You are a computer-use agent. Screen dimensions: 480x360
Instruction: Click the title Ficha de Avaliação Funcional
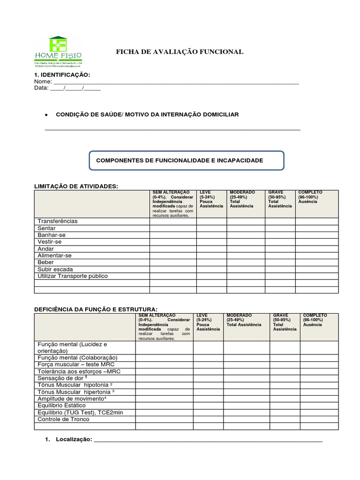coord(180,52)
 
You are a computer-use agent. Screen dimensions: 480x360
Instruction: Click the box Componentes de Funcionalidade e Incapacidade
coord(186,160)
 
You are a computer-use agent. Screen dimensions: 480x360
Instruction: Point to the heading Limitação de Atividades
coord(77,187)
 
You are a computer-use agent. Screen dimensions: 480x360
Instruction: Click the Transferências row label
coord(58,221)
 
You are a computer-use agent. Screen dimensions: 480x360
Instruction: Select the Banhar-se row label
coord(52,235)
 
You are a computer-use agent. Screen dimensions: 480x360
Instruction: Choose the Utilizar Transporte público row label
coord(73,276)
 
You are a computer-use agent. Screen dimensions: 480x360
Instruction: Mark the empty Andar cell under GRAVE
coord(280,249)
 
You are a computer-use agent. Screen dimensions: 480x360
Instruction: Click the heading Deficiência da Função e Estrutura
coord(96,310)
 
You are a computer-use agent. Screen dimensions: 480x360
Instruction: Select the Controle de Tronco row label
coord(63,419)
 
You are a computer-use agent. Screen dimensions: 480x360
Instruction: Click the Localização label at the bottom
coord(73,439)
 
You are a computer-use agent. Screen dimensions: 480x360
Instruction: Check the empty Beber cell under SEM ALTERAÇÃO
coord(172,262)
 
